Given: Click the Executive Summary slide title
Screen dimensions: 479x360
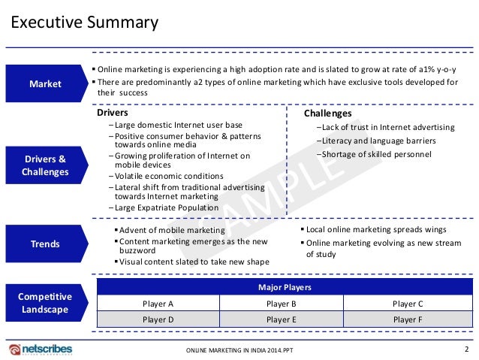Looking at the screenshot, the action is click(x=83, y=23).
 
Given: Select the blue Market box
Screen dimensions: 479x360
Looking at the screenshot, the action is click(x=45, y=84).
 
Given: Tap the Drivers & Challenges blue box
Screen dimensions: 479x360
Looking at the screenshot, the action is click(x=45, y=165).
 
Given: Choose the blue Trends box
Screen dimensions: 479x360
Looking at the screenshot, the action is click(x=45, y=244).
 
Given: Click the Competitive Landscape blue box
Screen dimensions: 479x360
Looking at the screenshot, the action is click(x=45, y=302).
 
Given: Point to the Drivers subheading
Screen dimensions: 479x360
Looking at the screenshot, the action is click(x=113, y=113).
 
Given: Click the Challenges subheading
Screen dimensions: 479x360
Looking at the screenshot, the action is click(x=327, y=113).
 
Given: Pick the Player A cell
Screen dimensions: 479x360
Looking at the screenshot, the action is click(x=158, y=304).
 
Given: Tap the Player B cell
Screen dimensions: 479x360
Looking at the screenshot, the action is click(x=282, y=304).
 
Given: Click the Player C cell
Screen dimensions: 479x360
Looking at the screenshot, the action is click(x=408, y=304).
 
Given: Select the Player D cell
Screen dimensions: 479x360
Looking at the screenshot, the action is click(x=158, y=319).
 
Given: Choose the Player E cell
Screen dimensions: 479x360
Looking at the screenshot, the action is click(x=282, y=319).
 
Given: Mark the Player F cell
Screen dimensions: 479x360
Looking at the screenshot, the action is click(x=408, y=319).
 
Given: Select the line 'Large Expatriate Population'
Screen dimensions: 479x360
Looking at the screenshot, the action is click(x=164, y=207).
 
